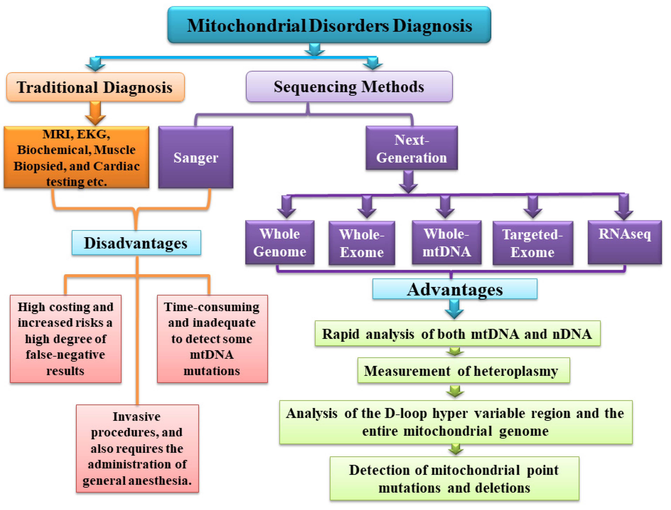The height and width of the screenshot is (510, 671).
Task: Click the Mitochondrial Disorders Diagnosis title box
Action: pos(329,25)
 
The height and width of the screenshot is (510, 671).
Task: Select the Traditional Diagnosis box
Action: pos(95,87)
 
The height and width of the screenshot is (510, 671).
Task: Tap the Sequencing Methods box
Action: pos(349,87)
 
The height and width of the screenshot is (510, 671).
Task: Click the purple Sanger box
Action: pos(196,157)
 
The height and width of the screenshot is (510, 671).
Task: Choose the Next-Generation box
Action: pos(412,148)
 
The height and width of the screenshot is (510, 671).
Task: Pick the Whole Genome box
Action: pos(280,242)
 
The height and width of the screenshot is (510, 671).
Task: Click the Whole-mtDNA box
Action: pos(447,242)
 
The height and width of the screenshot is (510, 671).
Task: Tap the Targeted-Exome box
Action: pos(533,243)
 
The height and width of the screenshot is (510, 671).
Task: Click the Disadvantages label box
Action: pos(136,242)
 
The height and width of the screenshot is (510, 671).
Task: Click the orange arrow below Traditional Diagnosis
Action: pos(95,113)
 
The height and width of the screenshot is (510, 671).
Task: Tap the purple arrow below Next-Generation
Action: pos(408,182)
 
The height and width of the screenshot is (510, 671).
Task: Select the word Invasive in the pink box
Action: pos(137,416)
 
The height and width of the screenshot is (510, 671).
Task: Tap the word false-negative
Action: pos(65,355)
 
